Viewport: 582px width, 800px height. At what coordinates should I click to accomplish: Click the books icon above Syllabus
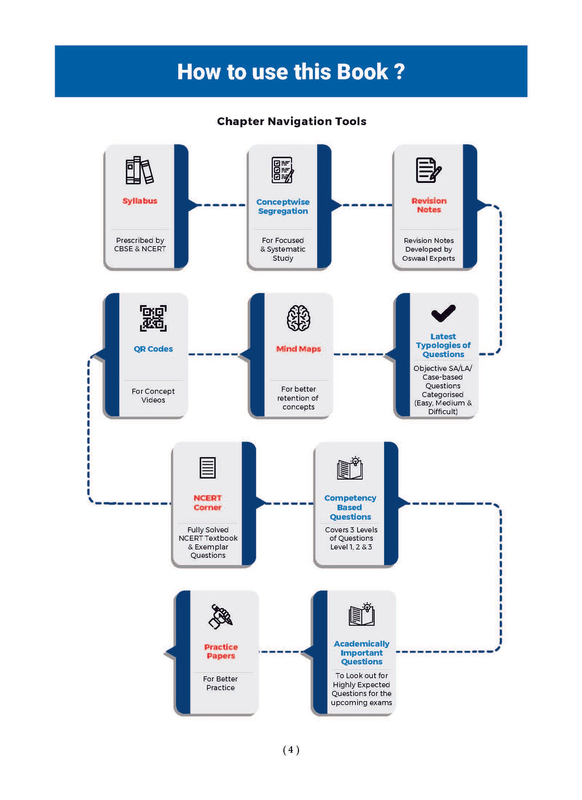pos(139,170)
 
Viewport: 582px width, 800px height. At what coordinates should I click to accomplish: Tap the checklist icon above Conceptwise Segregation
pos(282,170)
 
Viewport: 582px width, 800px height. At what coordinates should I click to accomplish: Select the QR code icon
pos(153,318)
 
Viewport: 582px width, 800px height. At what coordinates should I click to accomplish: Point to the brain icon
pos(298,318)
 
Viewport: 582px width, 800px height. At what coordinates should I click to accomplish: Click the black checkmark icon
pos(443,313)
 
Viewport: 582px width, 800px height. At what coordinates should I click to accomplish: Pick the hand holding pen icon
pos(221,616)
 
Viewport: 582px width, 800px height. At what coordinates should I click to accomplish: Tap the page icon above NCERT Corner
pos(207,467)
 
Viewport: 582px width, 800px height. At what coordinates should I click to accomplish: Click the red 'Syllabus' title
pos(140,201)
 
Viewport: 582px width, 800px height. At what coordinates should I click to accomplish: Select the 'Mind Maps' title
pos(298,348)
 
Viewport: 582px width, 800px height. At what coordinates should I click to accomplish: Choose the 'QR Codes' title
pos(153,348)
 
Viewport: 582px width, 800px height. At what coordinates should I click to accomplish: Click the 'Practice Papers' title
pos(221,651)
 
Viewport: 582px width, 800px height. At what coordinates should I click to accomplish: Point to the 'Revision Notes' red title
pos(429,205)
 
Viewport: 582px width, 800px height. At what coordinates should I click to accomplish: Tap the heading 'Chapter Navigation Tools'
pos(292,122)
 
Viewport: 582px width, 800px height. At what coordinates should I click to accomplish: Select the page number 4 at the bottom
pos(291,749)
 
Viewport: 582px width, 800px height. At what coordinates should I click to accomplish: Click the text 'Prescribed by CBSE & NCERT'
pos(140,244)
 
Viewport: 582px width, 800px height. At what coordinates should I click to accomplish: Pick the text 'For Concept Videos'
pos(153,395)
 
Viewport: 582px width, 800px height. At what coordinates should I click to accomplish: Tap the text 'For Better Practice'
pos(221,683)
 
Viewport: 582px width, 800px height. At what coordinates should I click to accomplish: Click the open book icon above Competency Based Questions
pos(350,468)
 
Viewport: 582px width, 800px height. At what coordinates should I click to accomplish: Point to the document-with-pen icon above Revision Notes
pos(429,170)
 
